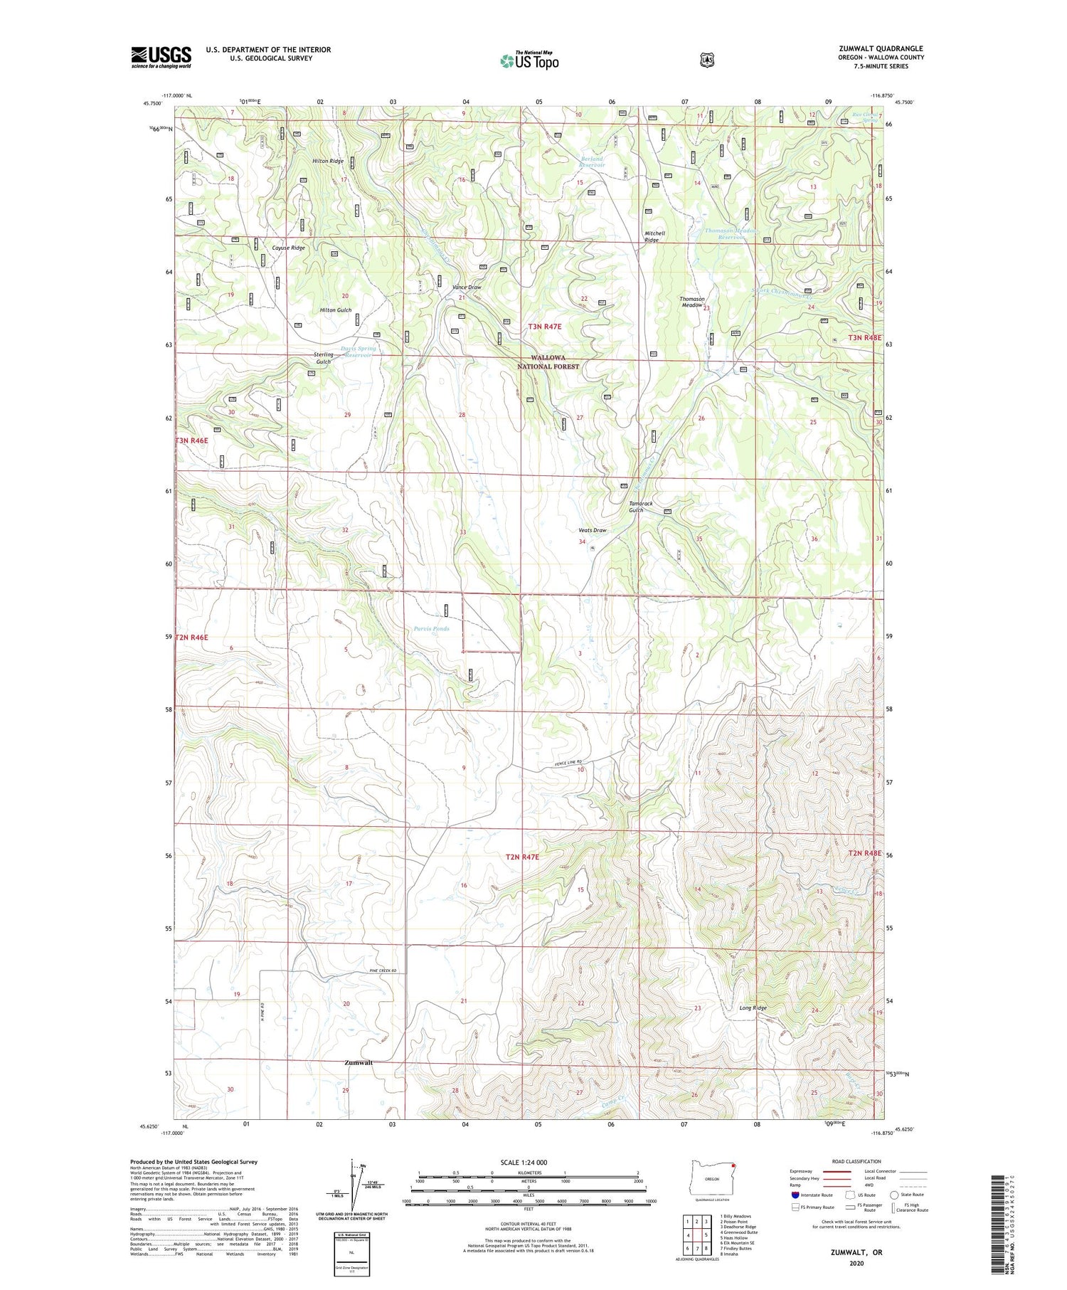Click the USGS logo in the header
161,57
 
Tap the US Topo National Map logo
529,60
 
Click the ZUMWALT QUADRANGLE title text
881,48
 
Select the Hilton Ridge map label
328,162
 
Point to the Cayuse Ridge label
289,248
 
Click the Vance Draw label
467,287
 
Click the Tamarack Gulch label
639,507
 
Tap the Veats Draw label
592,530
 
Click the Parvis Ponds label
431,629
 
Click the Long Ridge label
753,1008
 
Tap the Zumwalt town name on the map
358,1063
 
